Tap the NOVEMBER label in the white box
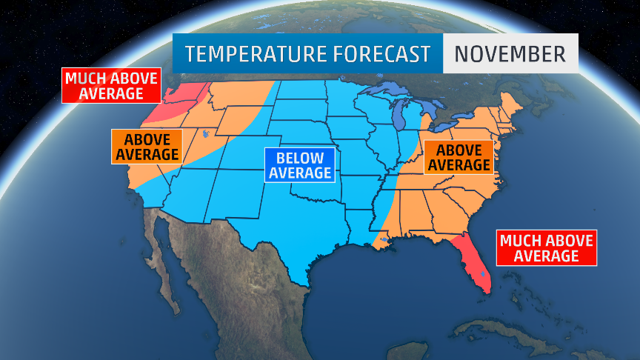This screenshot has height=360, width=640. (510, 54)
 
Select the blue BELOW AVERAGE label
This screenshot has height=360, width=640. (299, 164)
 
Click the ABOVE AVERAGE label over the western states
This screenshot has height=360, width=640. (146, 147)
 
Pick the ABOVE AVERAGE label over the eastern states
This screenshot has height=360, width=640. (459, 157)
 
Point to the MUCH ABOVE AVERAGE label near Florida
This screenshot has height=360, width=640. (547, 247)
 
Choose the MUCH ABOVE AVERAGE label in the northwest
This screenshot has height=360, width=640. (111, 85)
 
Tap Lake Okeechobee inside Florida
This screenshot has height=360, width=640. (482, 275)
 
